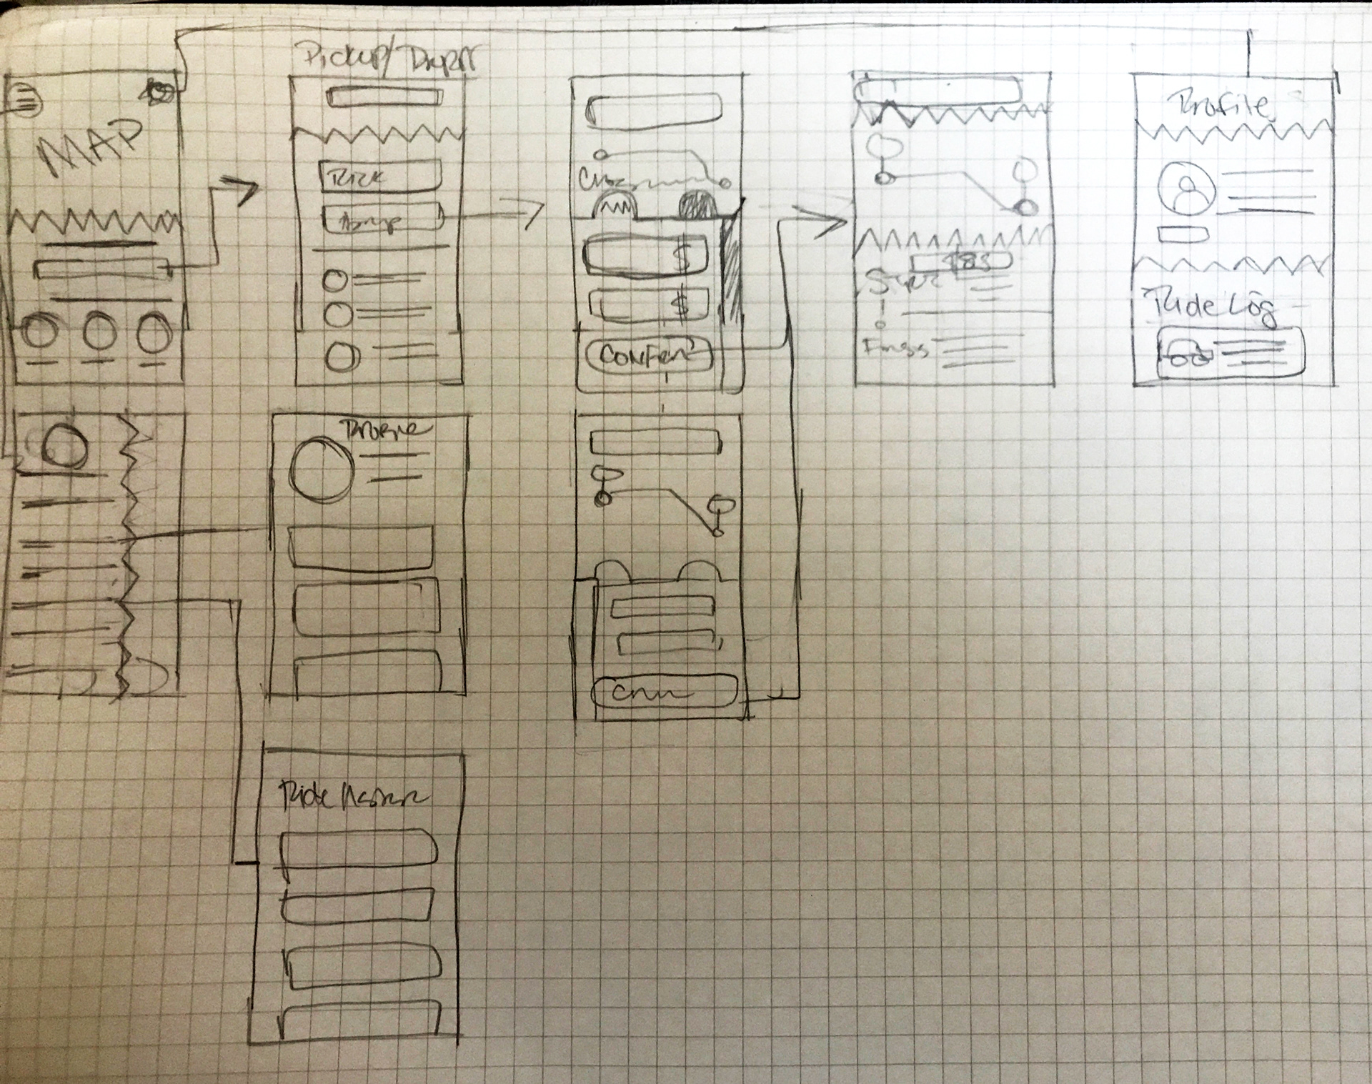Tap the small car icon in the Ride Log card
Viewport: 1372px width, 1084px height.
pos(1186,356)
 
